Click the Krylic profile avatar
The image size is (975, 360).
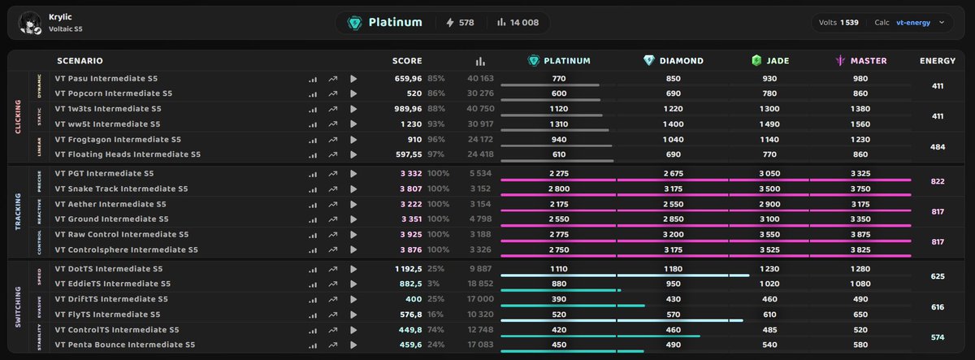(29, 23)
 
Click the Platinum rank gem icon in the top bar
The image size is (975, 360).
(354, 23)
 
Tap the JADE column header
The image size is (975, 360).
(770, 60)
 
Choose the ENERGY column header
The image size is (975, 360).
(938, 61)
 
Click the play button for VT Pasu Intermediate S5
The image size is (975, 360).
(353, 79)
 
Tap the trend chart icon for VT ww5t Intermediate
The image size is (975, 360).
(333, 124)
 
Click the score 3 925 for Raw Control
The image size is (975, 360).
(411, 234)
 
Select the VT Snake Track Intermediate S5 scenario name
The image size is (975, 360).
(121, 189)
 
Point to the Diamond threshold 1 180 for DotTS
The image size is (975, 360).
(673, 269)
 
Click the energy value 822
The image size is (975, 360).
(938, 181)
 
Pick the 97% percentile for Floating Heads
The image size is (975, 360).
(435, 154)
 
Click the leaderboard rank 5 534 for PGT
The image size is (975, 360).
(480, 173)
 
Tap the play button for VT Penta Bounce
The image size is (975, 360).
(353, 345)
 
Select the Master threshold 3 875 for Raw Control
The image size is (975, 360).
(860, 234)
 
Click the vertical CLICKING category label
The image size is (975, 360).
(18, 116)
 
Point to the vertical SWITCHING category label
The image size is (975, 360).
(18, 306)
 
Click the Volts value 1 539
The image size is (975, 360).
(849, 23)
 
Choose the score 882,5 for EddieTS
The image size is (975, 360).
(410, 284)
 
